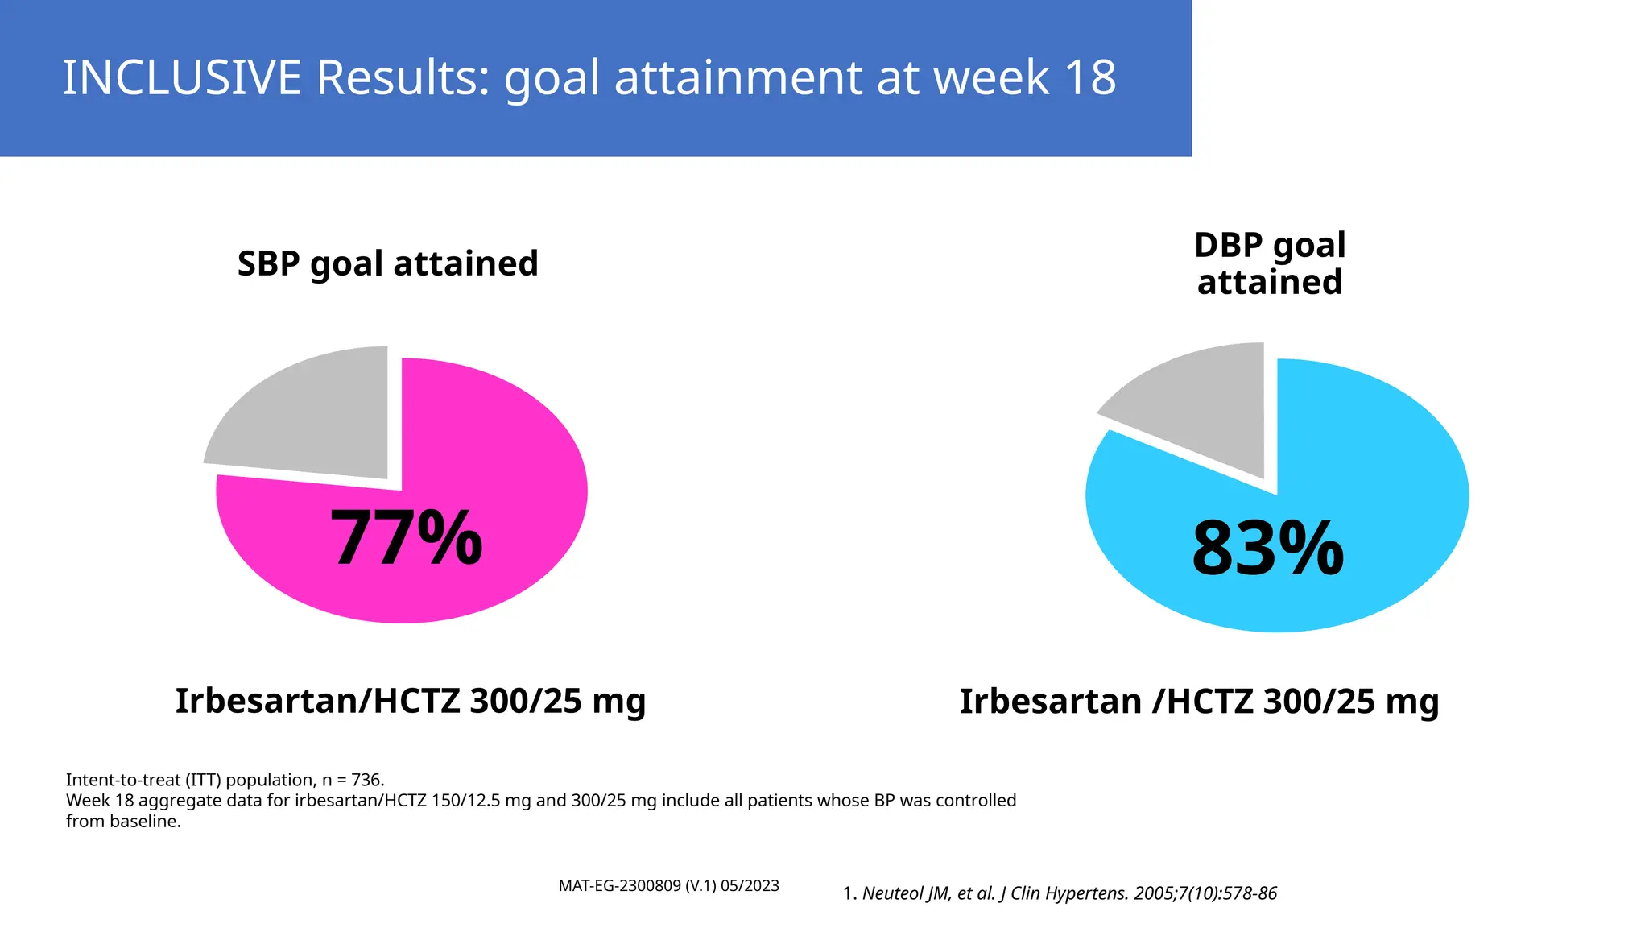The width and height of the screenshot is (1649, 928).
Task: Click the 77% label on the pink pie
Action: point(406,538)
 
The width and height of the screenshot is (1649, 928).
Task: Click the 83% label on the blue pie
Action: point(1267,549)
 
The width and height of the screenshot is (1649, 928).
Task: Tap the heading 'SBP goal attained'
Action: point(387,263)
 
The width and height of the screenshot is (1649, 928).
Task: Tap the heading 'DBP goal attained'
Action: point(1270,263)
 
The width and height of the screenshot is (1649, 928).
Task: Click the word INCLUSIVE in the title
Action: point(181,78)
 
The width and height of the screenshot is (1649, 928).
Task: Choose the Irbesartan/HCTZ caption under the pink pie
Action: point(411,701)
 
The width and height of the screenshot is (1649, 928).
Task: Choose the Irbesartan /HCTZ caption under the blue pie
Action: point(1199,702)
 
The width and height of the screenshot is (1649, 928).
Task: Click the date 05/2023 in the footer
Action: point(750,886)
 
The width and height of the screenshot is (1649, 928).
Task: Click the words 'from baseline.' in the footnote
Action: point(123,822)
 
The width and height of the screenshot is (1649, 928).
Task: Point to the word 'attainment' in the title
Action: point(739,78)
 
